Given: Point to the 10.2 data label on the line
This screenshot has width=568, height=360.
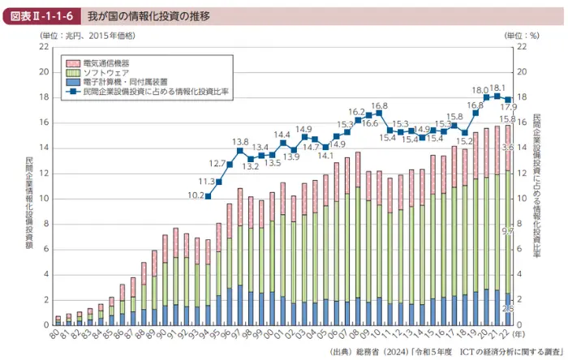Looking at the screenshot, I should click(196, 195).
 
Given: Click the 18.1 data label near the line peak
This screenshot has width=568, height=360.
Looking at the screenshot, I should click(497, 88).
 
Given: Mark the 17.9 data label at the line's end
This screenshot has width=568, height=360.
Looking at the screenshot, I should click(510, 107).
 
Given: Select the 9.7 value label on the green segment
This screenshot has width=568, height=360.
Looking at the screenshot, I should click(509, 232).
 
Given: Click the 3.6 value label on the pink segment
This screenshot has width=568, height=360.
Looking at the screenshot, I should click(509, 148).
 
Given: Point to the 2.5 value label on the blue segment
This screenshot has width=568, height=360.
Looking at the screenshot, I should click(509, 309).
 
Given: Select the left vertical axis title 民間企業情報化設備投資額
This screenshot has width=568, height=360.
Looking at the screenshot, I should click(29, 186).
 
